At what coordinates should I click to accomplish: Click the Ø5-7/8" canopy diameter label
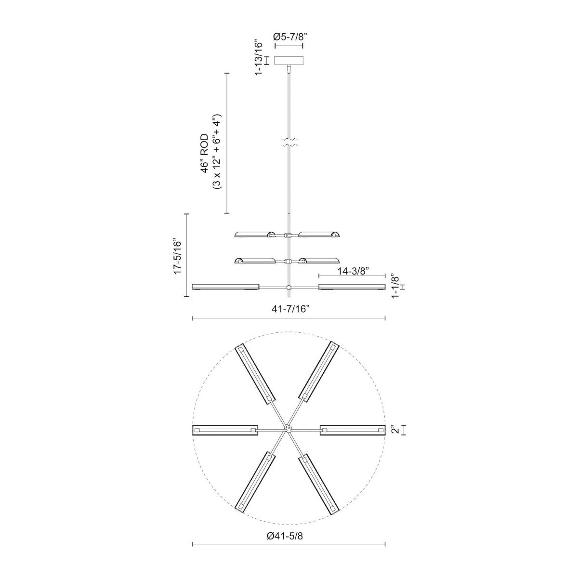289,37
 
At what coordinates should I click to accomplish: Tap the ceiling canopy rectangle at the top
289,61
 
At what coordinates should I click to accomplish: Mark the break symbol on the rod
289,142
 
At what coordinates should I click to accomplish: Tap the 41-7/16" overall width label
289,309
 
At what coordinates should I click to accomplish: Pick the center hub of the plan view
289,428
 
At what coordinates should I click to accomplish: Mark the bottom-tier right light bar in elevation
352,287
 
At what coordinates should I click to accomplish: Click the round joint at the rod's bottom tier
289,288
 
